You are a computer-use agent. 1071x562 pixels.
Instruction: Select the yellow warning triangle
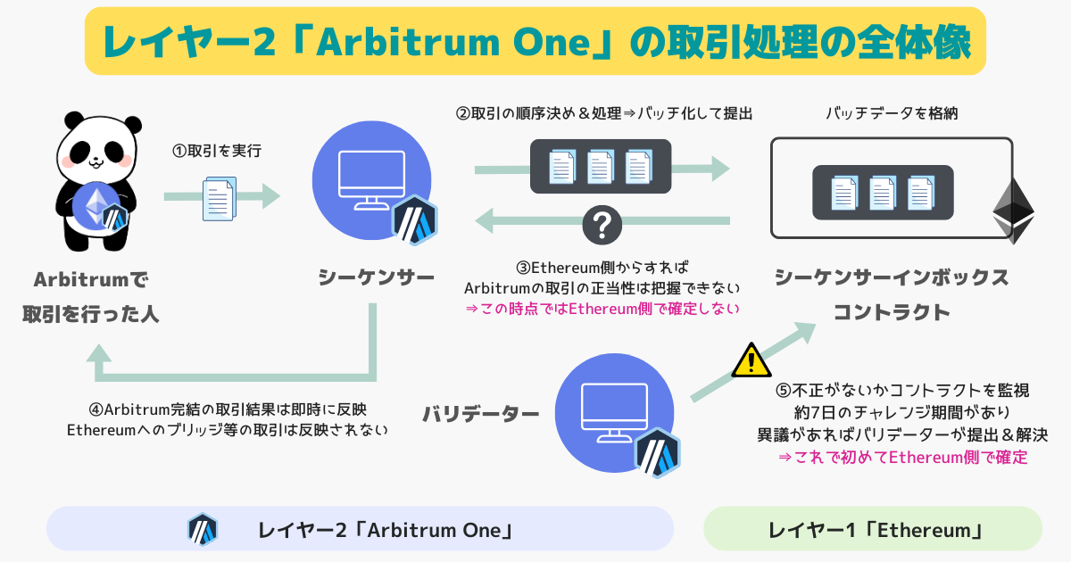pyautogui.click(x=751, y=360)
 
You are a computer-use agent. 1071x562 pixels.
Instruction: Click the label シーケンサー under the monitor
pyautogui.click(x=377, y=277)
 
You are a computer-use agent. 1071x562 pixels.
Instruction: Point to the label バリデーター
pyautogui.click(x=481, y=414)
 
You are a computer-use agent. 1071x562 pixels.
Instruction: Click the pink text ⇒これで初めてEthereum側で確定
pyautogui.click(x=903, y=458)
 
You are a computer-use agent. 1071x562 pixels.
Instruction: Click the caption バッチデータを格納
pyautogui.click(x=892, y=113)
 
